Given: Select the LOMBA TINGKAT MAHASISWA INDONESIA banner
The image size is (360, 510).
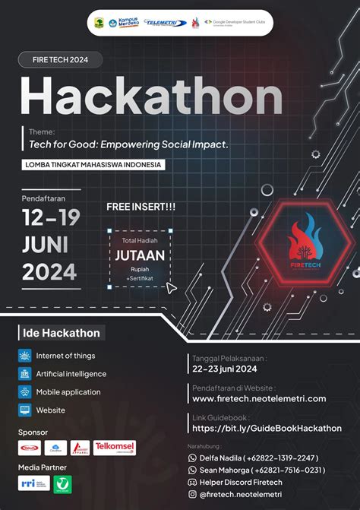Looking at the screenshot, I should (x=93, y=163).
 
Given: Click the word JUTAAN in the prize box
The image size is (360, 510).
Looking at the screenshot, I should (x=140, y=255).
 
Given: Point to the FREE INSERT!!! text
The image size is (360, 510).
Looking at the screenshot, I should (x=141, y=206).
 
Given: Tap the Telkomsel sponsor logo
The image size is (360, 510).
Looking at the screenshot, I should (x=115, y=448).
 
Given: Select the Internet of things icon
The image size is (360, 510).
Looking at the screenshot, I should (x=25, y=355).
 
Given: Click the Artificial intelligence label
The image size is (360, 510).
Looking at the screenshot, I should (x=71, y=374).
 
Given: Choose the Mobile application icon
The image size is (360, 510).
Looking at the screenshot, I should (x=25, y=392).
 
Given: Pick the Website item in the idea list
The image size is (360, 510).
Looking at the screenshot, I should (x=50, y=410).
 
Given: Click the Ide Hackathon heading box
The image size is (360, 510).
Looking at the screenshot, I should (x=60, y=332).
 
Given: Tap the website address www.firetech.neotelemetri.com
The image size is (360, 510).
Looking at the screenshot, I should (x=259, y=398).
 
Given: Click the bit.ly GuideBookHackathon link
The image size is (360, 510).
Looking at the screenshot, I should (x=267, y=428).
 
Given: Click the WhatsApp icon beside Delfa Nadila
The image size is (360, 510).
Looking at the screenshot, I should (x=192, y=458).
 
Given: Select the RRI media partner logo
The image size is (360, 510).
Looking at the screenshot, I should (x=33, y=483).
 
